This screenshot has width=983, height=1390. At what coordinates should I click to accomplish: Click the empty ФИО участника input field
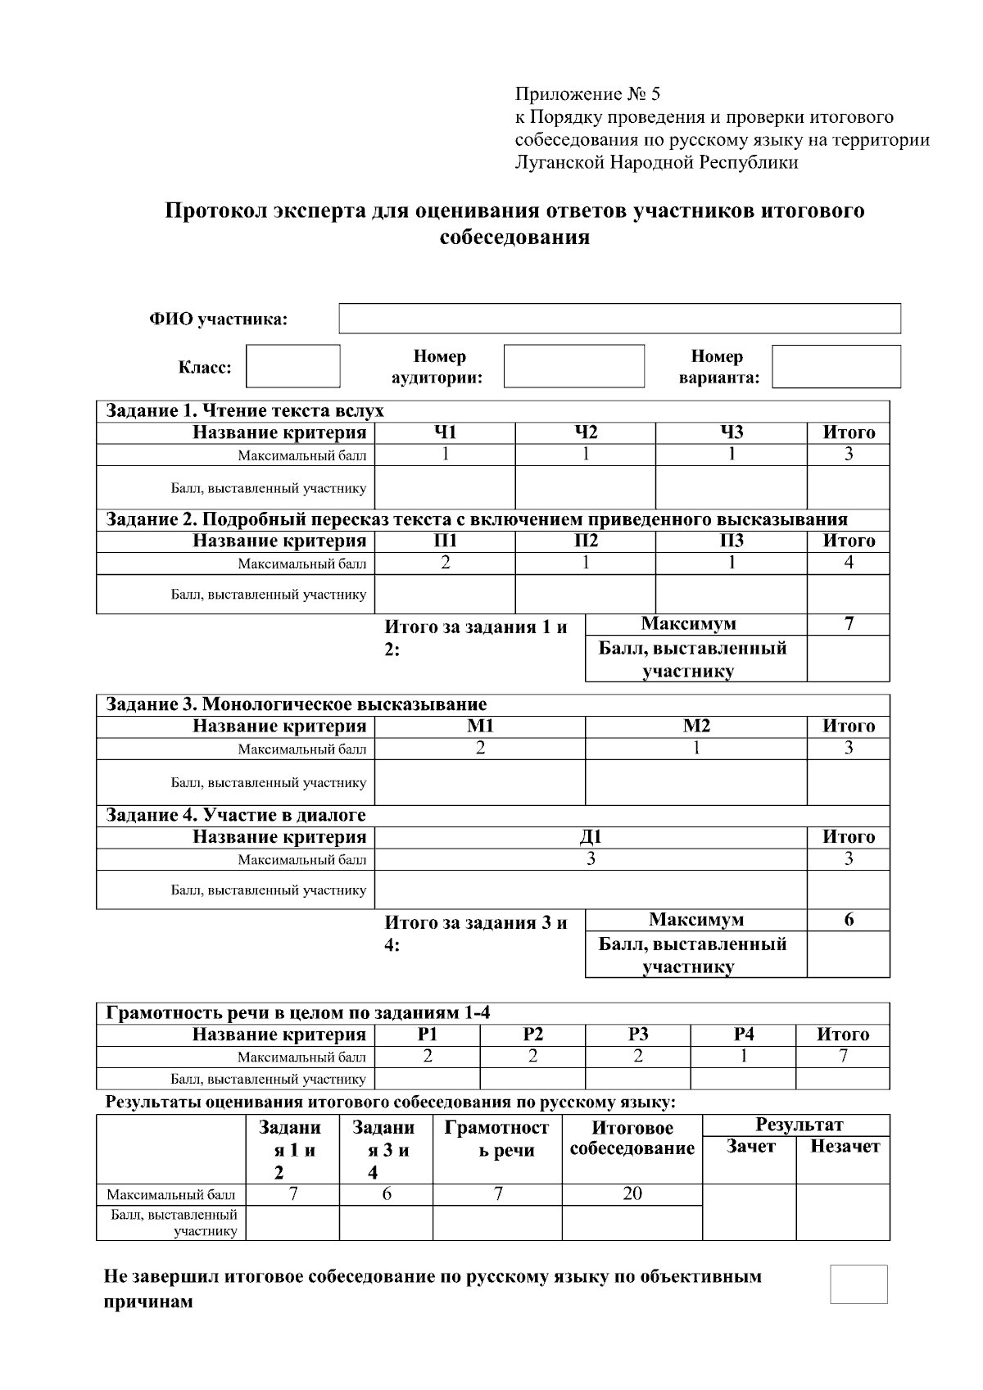619,319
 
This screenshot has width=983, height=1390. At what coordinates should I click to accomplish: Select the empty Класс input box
292,366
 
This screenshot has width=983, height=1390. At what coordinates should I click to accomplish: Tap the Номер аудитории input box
573,366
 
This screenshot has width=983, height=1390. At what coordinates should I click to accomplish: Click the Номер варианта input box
836,366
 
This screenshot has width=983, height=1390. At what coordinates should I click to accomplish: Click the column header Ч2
585,432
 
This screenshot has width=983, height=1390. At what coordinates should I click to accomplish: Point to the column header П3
731,541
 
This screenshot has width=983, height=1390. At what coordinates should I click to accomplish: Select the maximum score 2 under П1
445,563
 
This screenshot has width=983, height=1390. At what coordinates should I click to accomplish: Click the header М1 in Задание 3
480,726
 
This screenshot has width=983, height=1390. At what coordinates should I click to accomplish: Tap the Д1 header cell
591,837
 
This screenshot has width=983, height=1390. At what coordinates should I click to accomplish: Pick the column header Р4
743,1035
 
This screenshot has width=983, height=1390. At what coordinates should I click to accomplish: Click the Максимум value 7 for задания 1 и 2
849,624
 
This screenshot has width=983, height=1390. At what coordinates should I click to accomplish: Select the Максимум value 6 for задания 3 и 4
849,920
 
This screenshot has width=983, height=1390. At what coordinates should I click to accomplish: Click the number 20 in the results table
632,1193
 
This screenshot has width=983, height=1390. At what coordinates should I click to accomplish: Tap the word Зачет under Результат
750,1147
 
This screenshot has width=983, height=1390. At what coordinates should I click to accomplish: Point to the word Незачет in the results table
844,1147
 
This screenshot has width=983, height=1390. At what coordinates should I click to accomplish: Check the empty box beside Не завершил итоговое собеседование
858,1284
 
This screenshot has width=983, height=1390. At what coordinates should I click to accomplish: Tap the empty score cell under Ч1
445,487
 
